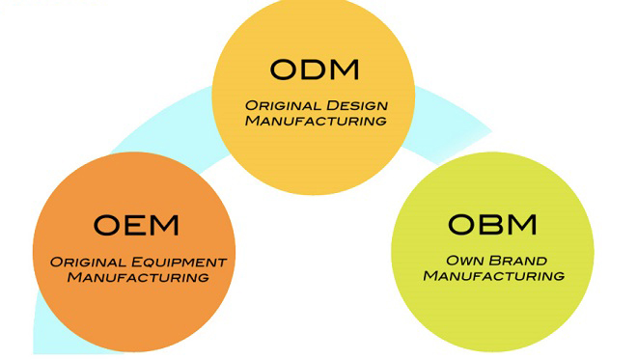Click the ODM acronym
point(314,69)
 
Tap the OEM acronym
point(136,226)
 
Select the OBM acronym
point(492,224)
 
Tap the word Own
point(463,260)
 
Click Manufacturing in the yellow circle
point(315,121)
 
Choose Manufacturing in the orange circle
point(137,277)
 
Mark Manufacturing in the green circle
point(493,275)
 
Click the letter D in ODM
point(314,69)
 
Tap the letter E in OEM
point(136,226)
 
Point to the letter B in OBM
point(491,224)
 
